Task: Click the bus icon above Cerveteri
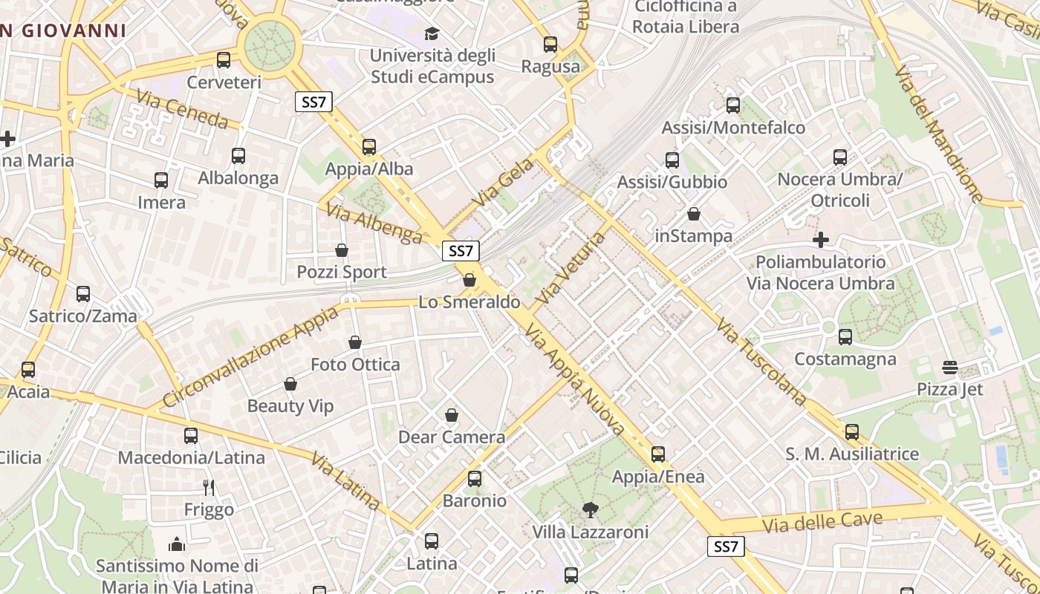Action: (224, 60)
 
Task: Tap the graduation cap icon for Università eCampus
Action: (432, 33)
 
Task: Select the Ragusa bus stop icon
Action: (550, 45)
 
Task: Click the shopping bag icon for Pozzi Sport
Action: (342, 250)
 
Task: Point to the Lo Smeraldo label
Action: (469, 302)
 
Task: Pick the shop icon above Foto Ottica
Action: (355, 342)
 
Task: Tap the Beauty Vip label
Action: (290, 406)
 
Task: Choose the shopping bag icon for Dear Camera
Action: (452, 415)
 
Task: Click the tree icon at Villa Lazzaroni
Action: (591, 509)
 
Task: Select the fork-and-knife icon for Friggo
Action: (209, 487)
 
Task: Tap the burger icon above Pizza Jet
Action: (949, 367)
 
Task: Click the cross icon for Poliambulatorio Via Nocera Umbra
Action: (821, 240)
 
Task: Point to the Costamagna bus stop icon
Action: (845, 337)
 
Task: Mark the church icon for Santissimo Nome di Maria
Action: (177, 544)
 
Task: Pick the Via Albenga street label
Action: (374, 223)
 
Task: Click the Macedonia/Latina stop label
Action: (192, 457)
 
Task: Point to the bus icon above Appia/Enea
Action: (658, 454)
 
